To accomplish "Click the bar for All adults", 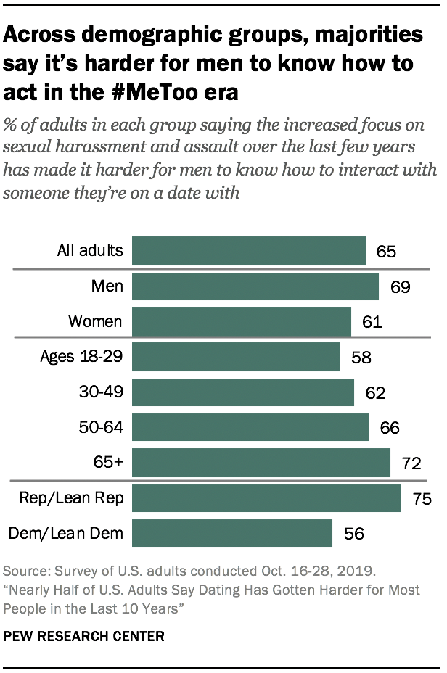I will [x=248, y=252].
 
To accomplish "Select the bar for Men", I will [x=255, y=286].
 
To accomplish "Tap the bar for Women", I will [x=241, y=321].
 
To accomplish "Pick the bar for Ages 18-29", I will [x=235, y=357].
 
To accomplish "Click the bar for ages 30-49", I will [x=242, y=392].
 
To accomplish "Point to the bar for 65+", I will [x=261, y=461].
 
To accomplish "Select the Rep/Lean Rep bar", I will [x=266, y=498].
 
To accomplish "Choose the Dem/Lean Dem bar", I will [x=231, y=533].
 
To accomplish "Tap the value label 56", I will [x=353, y=534].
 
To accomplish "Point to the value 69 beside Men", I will [x=399, y=287].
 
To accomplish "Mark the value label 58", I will [x=361, y=358].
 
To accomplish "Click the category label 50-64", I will [x=102, y=427].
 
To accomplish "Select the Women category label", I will [x=95, y=321].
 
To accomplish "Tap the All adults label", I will [x=90, y=252].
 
